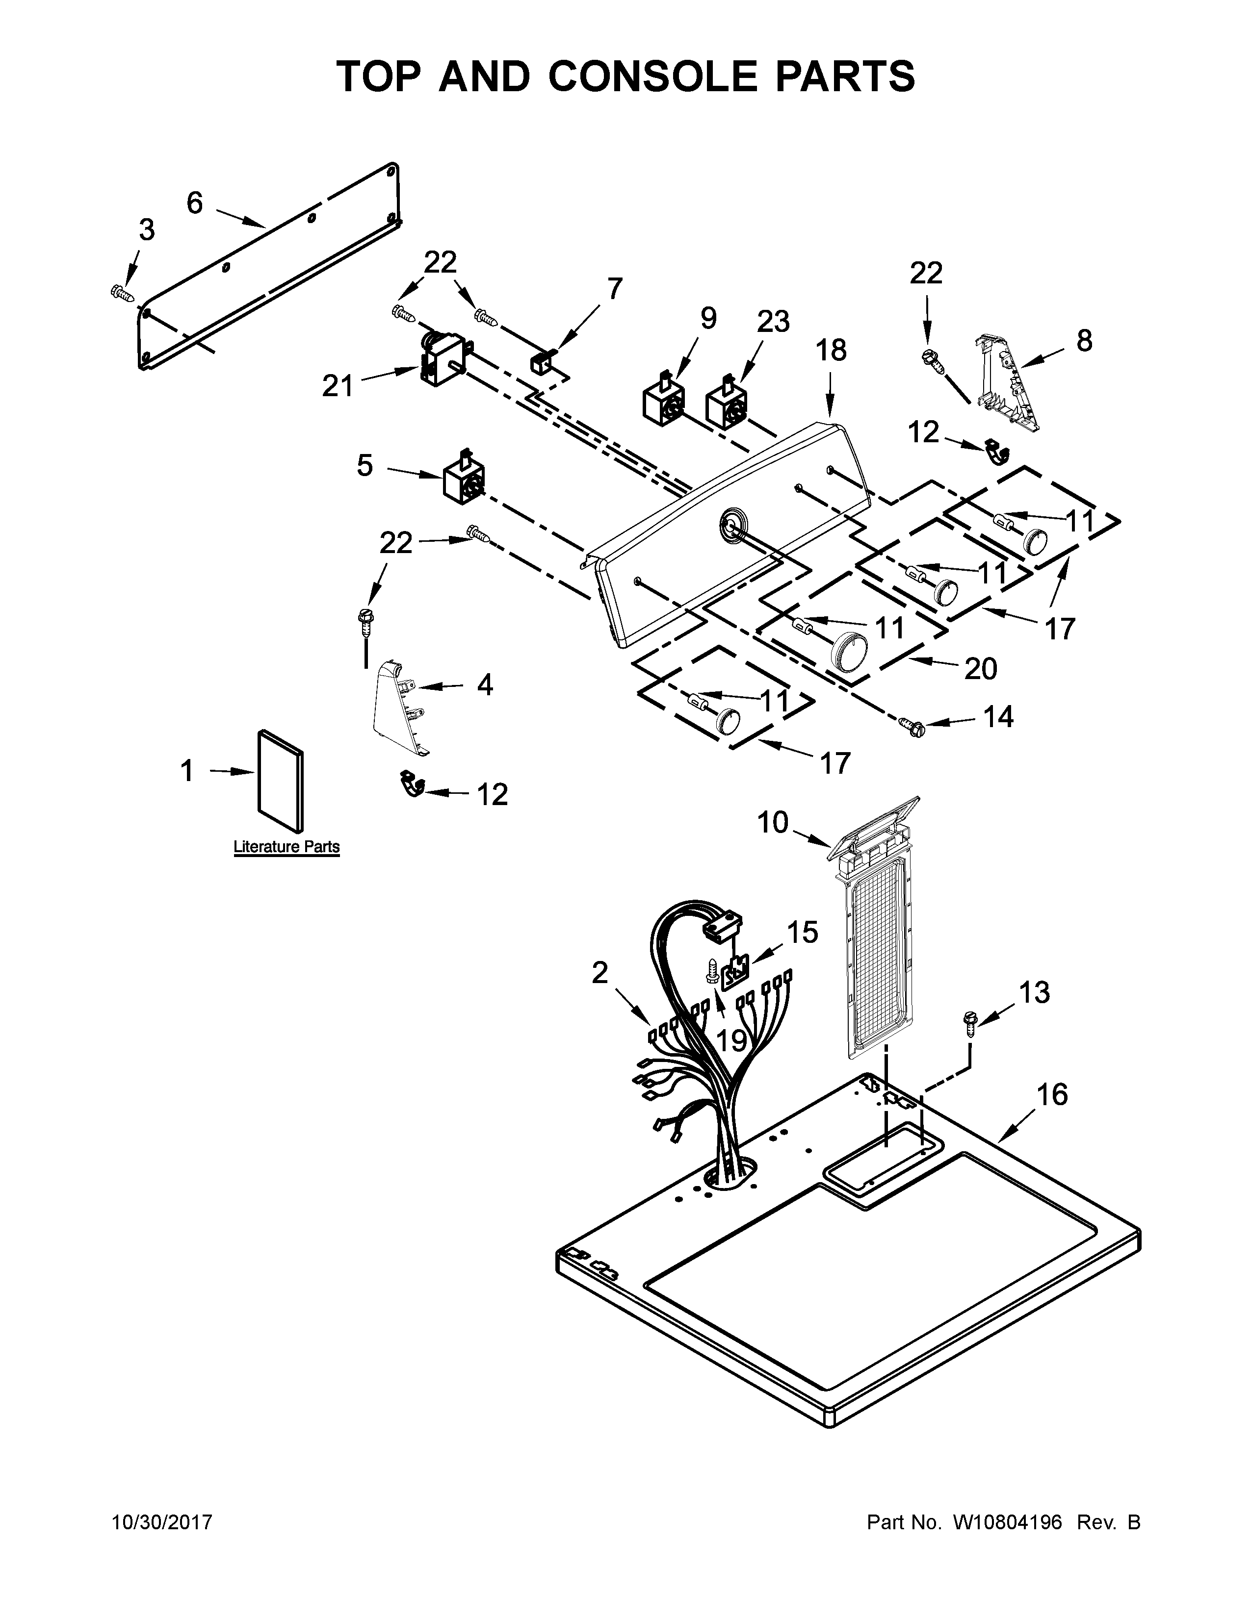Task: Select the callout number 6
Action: [194, 202]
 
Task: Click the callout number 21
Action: [338, 386]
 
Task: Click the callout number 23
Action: [773, 322]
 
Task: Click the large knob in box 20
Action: [849, 651]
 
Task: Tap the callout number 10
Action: [773, 822]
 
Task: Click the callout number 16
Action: [1052, 1094]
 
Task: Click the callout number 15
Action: [803, 933]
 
